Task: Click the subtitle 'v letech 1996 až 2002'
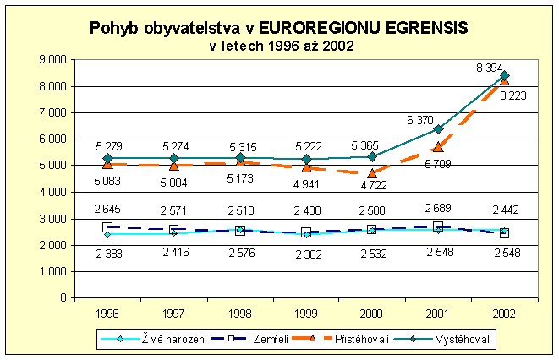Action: pos(282,46)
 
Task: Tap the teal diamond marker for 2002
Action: pos(505,75)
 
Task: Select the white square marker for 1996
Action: pos(107,227)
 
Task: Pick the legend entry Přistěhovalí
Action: pos(364,339)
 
